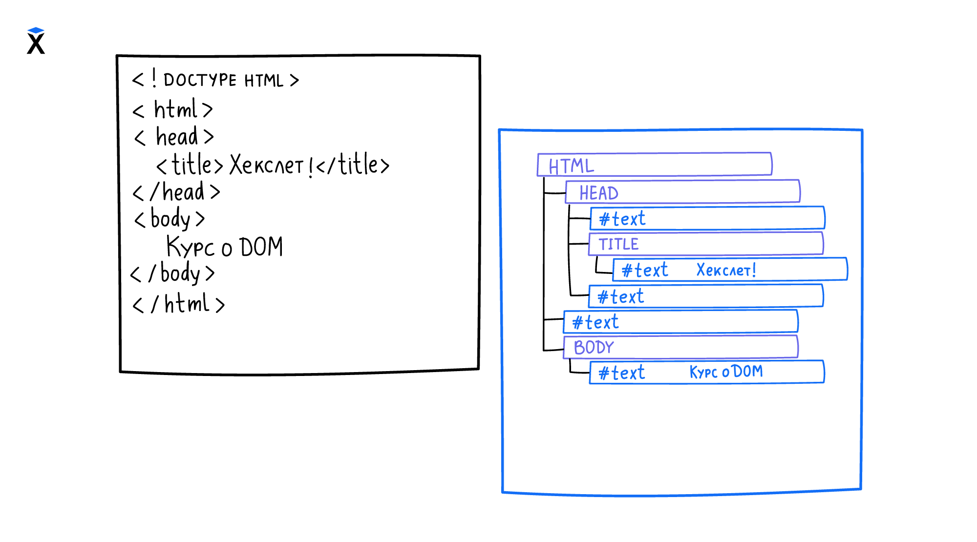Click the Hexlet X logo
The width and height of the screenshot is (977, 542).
point(36,41)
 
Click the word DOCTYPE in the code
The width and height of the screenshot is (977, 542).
point(200,80)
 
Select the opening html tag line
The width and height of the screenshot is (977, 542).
point(173,110)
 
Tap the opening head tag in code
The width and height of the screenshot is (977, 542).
point(174,137)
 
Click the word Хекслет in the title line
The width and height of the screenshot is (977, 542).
point(267,165)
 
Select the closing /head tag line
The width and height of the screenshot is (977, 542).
point(177,192)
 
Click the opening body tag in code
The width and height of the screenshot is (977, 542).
point(170,219)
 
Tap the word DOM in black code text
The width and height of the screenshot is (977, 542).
point(261,247)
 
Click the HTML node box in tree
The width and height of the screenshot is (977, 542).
point(655,165)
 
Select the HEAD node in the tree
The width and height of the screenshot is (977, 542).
point(682,192)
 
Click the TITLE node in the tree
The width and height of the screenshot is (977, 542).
point(706,244)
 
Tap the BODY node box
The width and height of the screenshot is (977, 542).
point(680,347)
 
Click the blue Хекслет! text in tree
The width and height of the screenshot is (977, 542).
point(726,270)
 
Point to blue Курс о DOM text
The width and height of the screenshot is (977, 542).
point(726,372)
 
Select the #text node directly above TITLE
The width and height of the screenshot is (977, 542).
point(707,218)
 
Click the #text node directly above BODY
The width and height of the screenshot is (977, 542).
point(680,322)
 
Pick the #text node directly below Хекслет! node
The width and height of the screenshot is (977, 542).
point(706,296)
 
